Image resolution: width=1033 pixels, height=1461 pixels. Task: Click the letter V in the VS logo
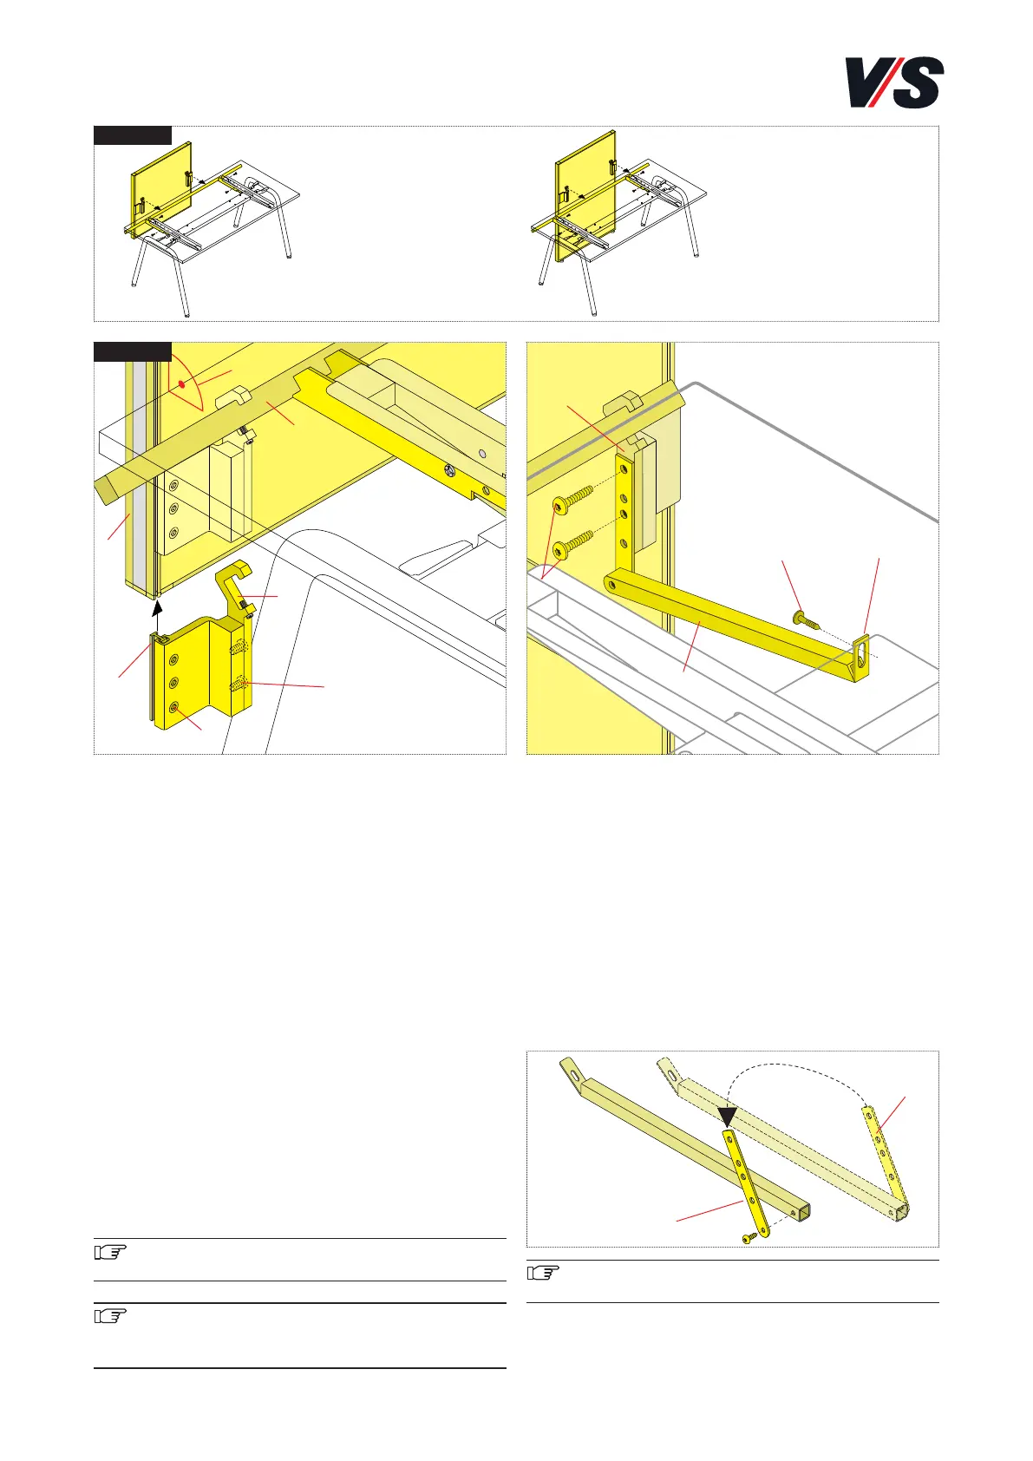866,81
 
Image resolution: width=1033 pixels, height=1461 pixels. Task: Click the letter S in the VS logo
917,82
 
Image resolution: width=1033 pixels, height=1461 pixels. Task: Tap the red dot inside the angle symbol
181,385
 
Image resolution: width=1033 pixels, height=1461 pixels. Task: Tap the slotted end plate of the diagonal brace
861,658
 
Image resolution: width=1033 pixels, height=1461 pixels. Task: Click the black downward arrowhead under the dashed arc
728,1116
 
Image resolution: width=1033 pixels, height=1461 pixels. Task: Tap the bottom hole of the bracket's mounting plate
173,707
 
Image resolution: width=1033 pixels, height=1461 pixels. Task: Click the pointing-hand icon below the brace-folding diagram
543,1273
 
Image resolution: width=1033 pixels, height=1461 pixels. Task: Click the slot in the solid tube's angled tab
575,1073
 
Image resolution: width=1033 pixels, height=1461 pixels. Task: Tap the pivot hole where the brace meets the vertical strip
611,585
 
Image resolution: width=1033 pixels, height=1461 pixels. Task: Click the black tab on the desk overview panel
133,135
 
